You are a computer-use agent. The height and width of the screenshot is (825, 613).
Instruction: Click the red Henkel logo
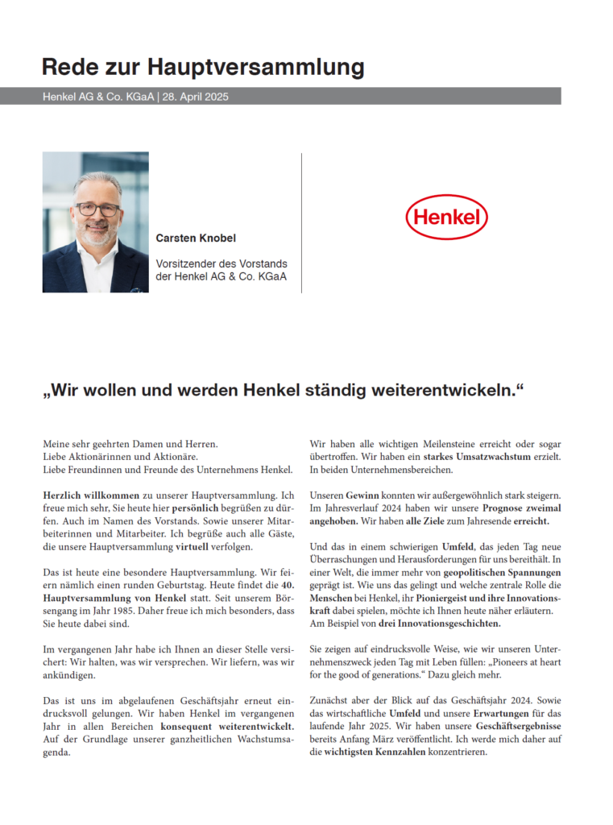pyautogui.click(x=446, y=217)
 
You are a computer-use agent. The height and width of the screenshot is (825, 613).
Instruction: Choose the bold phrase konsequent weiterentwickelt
pyautogui.click(x=226, y=728)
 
